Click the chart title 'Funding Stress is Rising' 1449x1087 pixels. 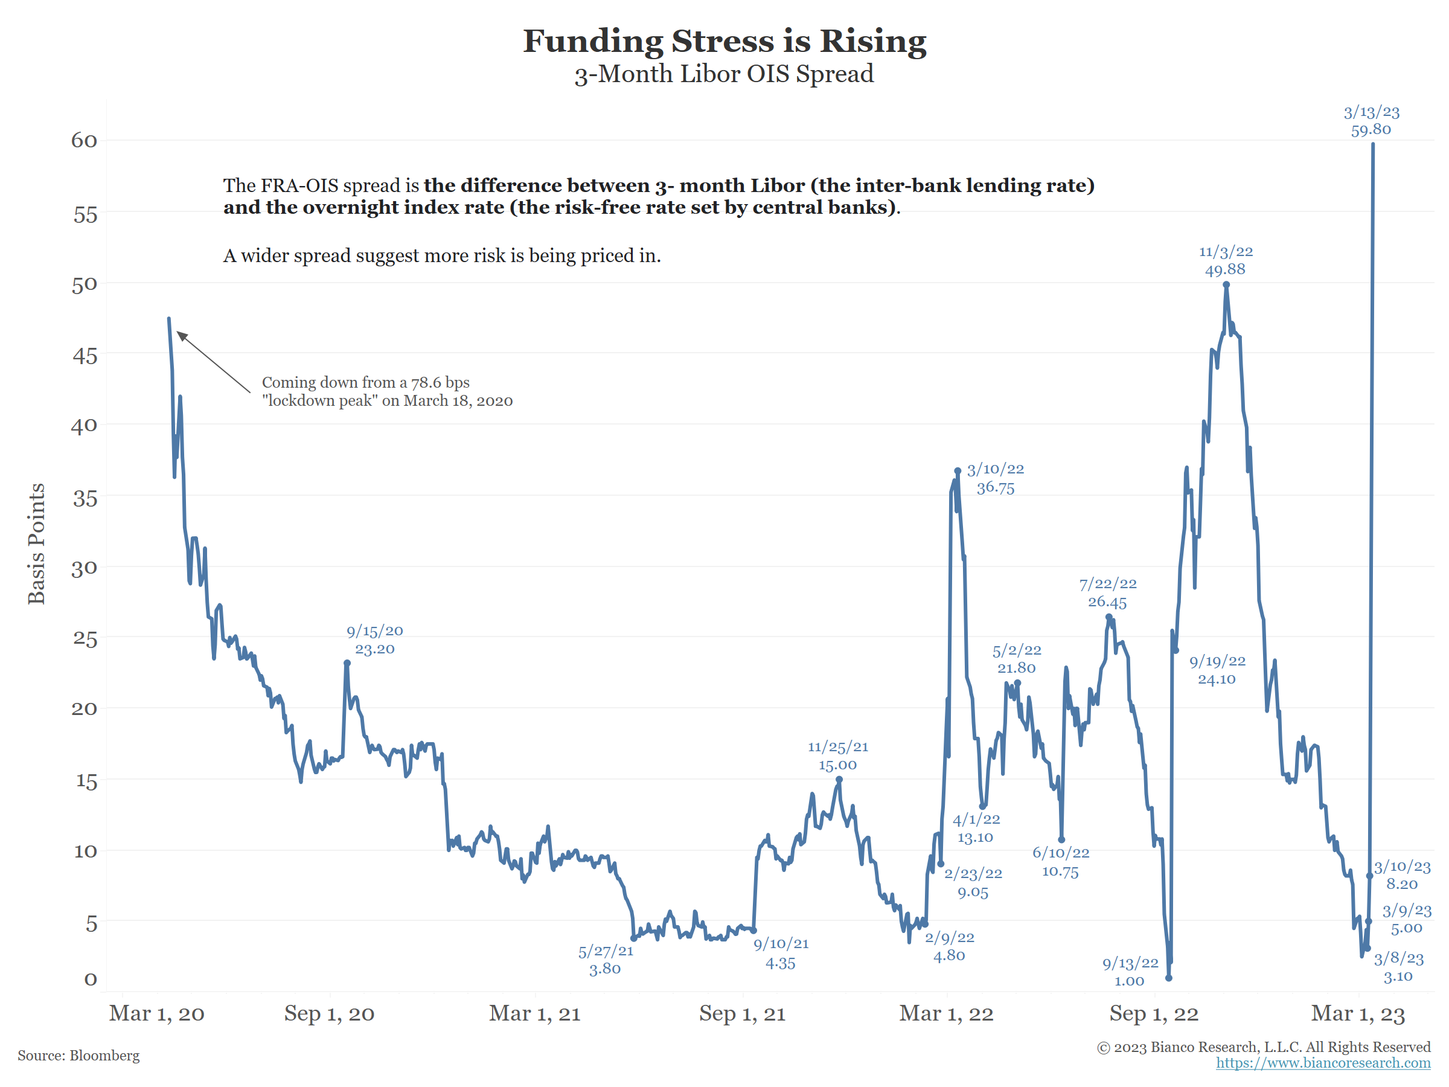tap(724, 41)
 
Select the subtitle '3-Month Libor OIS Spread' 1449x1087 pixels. tap(724, 74)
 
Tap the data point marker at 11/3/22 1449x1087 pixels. tap(1226, 285)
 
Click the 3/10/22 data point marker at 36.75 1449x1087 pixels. tap(958, 471)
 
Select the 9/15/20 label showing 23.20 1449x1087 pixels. tap(375, 640)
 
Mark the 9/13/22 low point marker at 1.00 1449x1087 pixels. tap(1169, 978)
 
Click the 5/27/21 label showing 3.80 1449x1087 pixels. tap(606, 960)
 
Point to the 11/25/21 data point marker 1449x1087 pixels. tap(839, 780)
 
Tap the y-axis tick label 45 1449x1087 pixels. tap(85, 356)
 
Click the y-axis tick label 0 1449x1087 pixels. tap(91, 980)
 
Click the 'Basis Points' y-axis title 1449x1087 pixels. tap(37, 544)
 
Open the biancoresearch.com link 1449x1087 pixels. tap(1323, 1063)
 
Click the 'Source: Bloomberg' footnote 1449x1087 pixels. tap(78, 1056)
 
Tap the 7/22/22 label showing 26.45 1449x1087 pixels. tap(1108, 593)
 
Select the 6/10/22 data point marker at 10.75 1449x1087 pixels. tap(1061, 839)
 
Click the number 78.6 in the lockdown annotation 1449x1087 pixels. tap(425, 383)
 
